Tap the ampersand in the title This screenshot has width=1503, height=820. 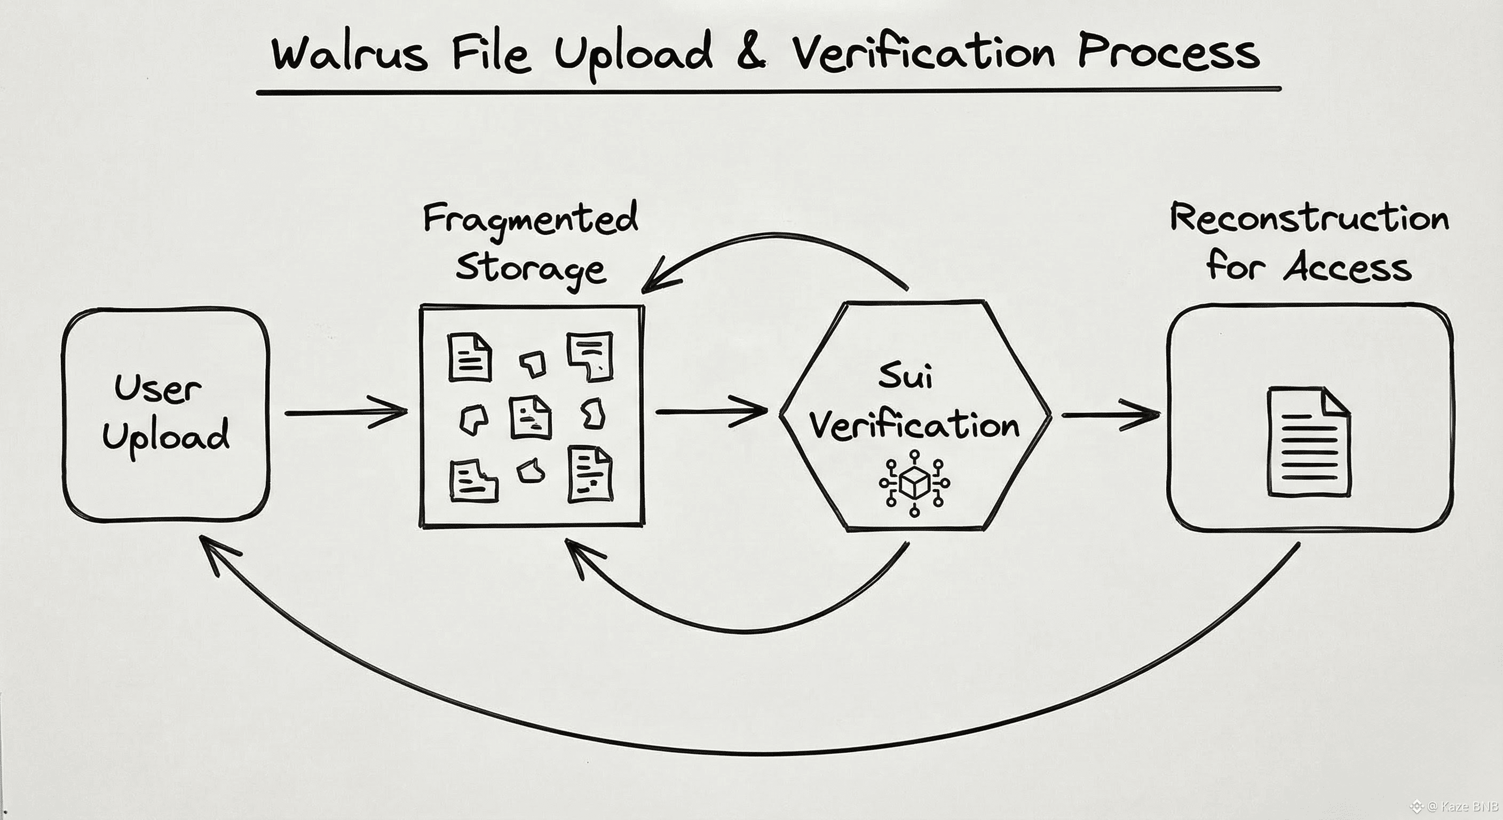click(x=751, y=54)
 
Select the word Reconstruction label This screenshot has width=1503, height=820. click(x=1309, y=219)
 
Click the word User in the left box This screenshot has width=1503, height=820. click(x=157, y=388)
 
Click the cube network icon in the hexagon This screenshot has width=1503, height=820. click(x=914, y=483)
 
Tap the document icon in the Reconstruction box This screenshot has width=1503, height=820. click(x=1309, y=443)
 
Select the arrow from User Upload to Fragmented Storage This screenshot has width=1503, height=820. click(x=346, y=412)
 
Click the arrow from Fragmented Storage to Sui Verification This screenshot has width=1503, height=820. click(x=712, y=412)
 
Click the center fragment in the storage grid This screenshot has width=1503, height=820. click(x=530, y=417)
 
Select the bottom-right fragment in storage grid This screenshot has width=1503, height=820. click(x=590, y=474)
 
